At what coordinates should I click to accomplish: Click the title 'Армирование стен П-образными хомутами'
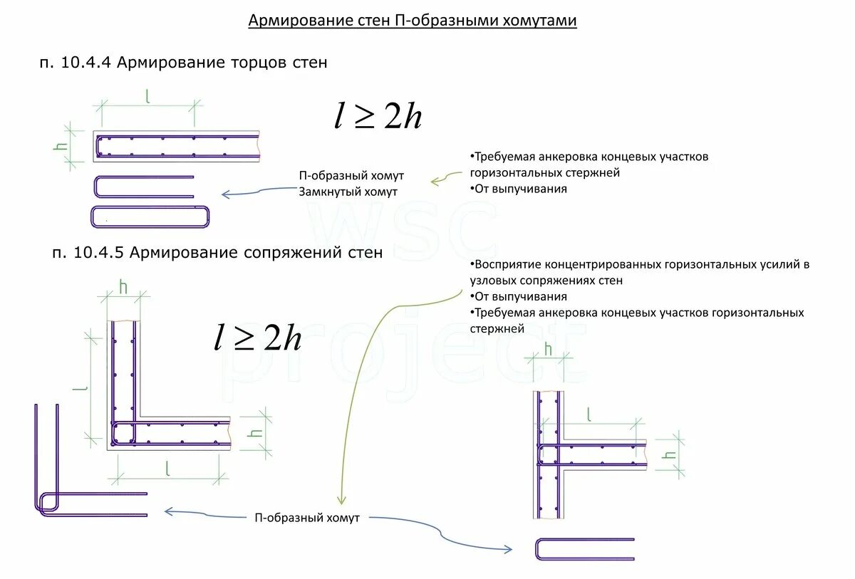coord(412,21)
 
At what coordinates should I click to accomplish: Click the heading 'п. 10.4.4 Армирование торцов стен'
coord(183,63)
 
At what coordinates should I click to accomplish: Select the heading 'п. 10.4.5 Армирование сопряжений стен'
coord(217,252)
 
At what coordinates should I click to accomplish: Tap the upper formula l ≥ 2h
coord(378,115)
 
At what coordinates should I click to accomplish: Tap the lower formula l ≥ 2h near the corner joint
coord(258,338)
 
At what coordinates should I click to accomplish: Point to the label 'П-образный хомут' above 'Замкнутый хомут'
coord(351,176)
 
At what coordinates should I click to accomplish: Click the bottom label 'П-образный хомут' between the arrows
coord(307,518)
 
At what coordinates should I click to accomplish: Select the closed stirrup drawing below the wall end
coord(151,217)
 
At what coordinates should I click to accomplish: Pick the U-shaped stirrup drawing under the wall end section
coord(143,187)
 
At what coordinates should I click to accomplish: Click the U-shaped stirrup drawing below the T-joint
coord(584,549)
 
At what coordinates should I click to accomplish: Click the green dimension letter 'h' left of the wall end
coord(61,146)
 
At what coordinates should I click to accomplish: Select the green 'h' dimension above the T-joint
coord(548,348)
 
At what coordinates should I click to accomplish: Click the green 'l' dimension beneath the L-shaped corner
coord(167,468)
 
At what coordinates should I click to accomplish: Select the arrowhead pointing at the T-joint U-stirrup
coord(507,549)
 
